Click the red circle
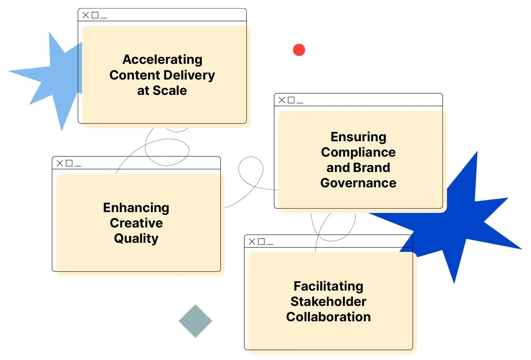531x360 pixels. pos(299,50)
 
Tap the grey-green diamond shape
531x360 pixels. pos(196,321)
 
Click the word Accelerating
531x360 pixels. pos(162,60)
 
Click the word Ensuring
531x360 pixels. pos(358,137)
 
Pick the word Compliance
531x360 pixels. pos(358,152)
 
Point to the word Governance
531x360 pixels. pos(358,183)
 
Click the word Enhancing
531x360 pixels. pos(136,208)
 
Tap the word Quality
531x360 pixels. pos(136,239)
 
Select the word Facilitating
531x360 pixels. pos(328,286)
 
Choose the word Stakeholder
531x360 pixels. pos(328,302)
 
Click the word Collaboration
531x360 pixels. pos(328,317)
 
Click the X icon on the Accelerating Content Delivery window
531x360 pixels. pos(86,15)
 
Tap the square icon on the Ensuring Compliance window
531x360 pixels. pos(291,100)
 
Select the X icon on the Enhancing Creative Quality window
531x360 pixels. pos(60,163)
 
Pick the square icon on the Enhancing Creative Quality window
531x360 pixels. pos(69,163)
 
